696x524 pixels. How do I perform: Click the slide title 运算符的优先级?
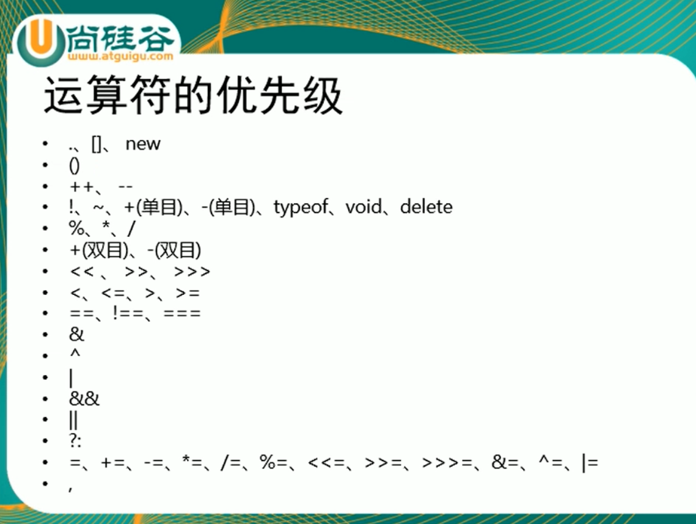[x=192, y=96]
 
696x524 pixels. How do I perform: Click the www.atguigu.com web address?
[x=121, y=57]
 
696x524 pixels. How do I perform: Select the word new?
[x=142, y=144]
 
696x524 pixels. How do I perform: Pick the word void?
[x=364, y=208]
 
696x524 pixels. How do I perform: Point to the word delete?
[x=426, y=207]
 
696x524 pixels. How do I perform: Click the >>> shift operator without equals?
[x=192, y=271]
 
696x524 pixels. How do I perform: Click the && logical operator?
[x=84, y=399]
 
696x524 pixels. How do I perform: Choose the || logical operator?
[x=73, y=420]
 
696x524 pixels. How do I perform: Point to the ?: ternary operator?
[x=75, y=441]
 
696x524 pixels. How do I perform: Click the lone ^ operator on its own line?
[x=75, y=354]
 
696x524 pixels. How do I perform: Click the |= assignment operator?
[x=590, y=463]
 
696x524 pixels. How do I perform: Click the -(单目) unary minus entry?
[x=225, y=208]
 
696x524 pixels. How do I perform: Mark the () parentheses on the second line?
[x=75, y=165]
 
